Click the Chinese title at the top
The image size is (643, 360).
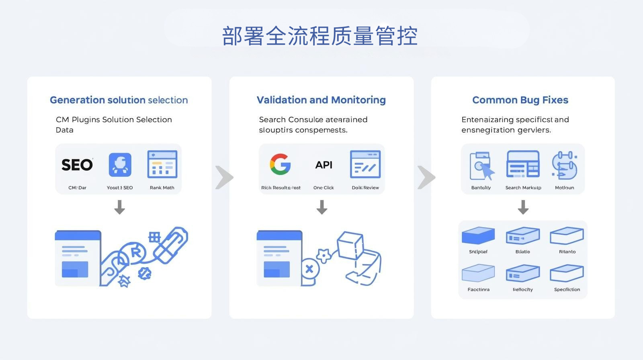(x=320, y=36)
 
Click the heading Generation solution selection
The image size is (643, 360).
(x=119, y=100)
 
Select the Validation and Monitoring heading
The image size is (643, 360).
(x=321, y=100)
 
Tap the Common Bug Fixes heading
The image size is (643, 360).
(x=520, y=100)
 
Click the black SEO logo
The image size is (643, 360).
(x=77, y=165)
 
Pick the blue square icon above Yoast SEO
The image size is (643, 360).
(x=120, y=165)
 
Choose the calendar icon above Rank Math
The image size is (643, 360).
(x=162, y=164)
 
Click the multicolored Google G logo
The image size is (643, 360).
(x=280, y=164)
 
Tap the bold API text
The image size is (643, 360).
(x=324, y=165)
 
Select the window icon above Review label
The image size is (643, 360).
(x=365, y=164)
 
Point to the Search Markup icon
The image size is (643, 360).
(x=523, y=164)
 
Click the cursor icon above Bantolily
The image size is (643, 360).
(x=481, y=166)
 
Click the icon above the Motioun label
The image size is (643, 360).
(x=564, y=165)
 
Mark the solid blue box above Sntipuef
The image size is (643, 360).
(x=478, y=235)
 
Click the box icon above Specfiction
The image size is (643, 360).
(x=567, y=273)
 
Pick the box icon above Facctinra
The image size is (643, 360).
(x=478, y=273)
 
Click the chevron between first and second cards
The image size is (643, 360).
(x=224, y=177)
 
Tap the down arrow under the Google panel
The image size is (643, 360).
(x=321, y=207)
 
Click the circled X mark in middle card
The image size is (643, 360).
(x=309, y=269)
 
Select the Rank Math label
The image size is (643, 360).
(x=162, y=188)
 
